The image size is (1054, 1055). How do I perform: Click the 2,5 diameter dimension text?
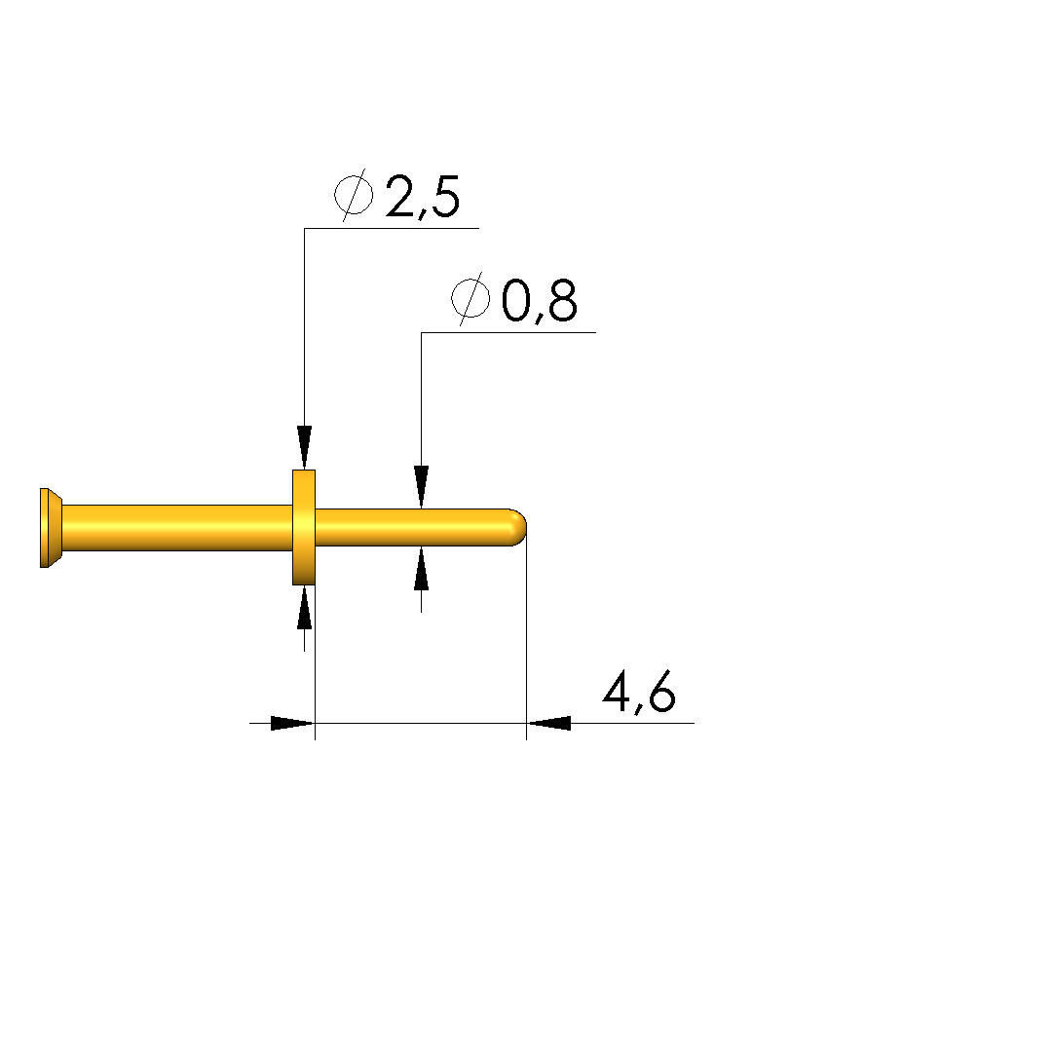pos(423,197)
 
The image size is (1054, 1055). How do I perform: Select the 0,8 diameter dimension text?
pos(540,300)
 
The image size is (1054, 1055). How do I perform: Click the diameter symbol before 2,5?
pos(354,195)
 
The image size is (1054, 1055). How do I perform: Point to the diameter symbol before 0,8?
pos(471,299)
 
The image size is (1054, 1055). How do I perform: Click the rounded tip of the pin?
pos(518,527)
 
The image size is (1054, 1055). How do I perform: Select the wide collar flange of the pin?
pos(304,527)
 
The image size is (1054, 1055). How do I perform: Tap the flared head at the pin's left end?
pos(51,528)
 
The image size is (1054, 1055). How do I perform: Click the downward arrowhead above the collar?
pos(305,447)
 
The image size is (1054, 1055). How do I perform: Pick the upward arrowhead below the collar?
pos(305,608)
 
